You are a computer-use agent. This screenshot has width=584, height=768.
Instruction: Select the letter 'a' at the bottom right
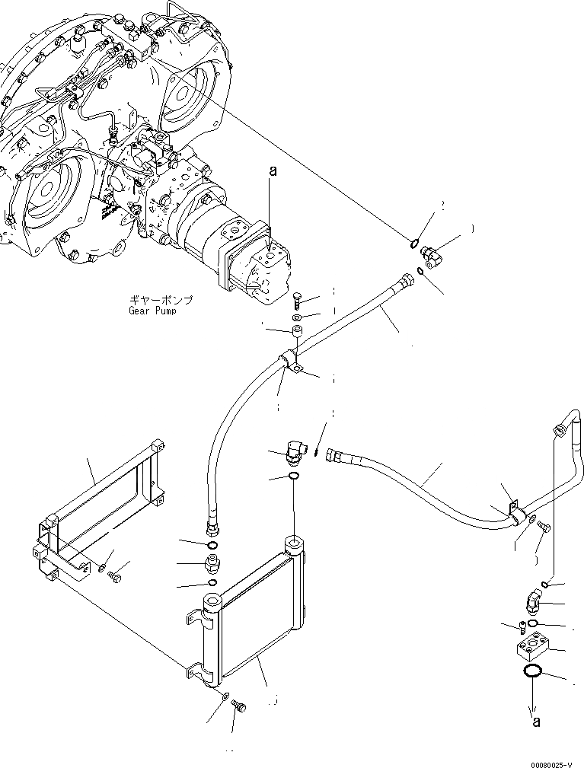pos(536,722)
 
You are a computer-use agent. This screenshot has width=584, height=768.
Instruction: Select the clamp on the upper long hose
pos(292,362)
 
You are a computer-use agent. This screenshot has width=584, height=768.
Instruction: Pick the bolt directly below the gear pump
pos(298,298)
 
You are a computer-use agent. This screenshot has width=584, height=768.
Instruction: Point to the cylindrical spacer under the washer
pos(297,332)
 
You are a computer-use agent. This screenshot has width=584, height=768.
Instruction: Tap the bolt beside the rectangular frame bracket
pos(113,578)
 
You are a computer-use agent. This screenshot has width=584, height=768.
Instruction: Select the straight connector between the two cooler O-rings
pos(213,564)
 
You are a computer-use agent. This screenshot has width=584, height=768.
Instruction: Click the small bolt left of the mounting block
pos(521,626)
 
